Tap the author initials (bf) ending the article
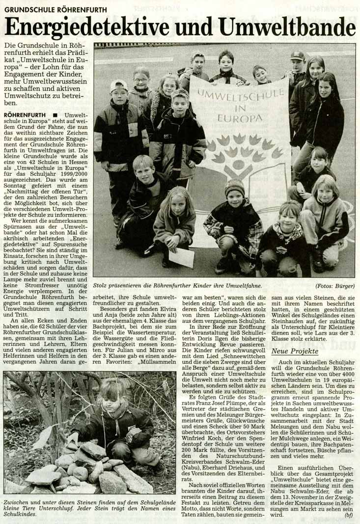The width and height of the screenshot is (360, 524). coord(348,515)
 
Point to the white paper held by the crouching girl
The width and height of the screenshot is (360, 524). coord(182,257)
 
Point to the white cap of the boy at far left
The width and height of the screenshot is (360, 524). coord(118,85)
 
